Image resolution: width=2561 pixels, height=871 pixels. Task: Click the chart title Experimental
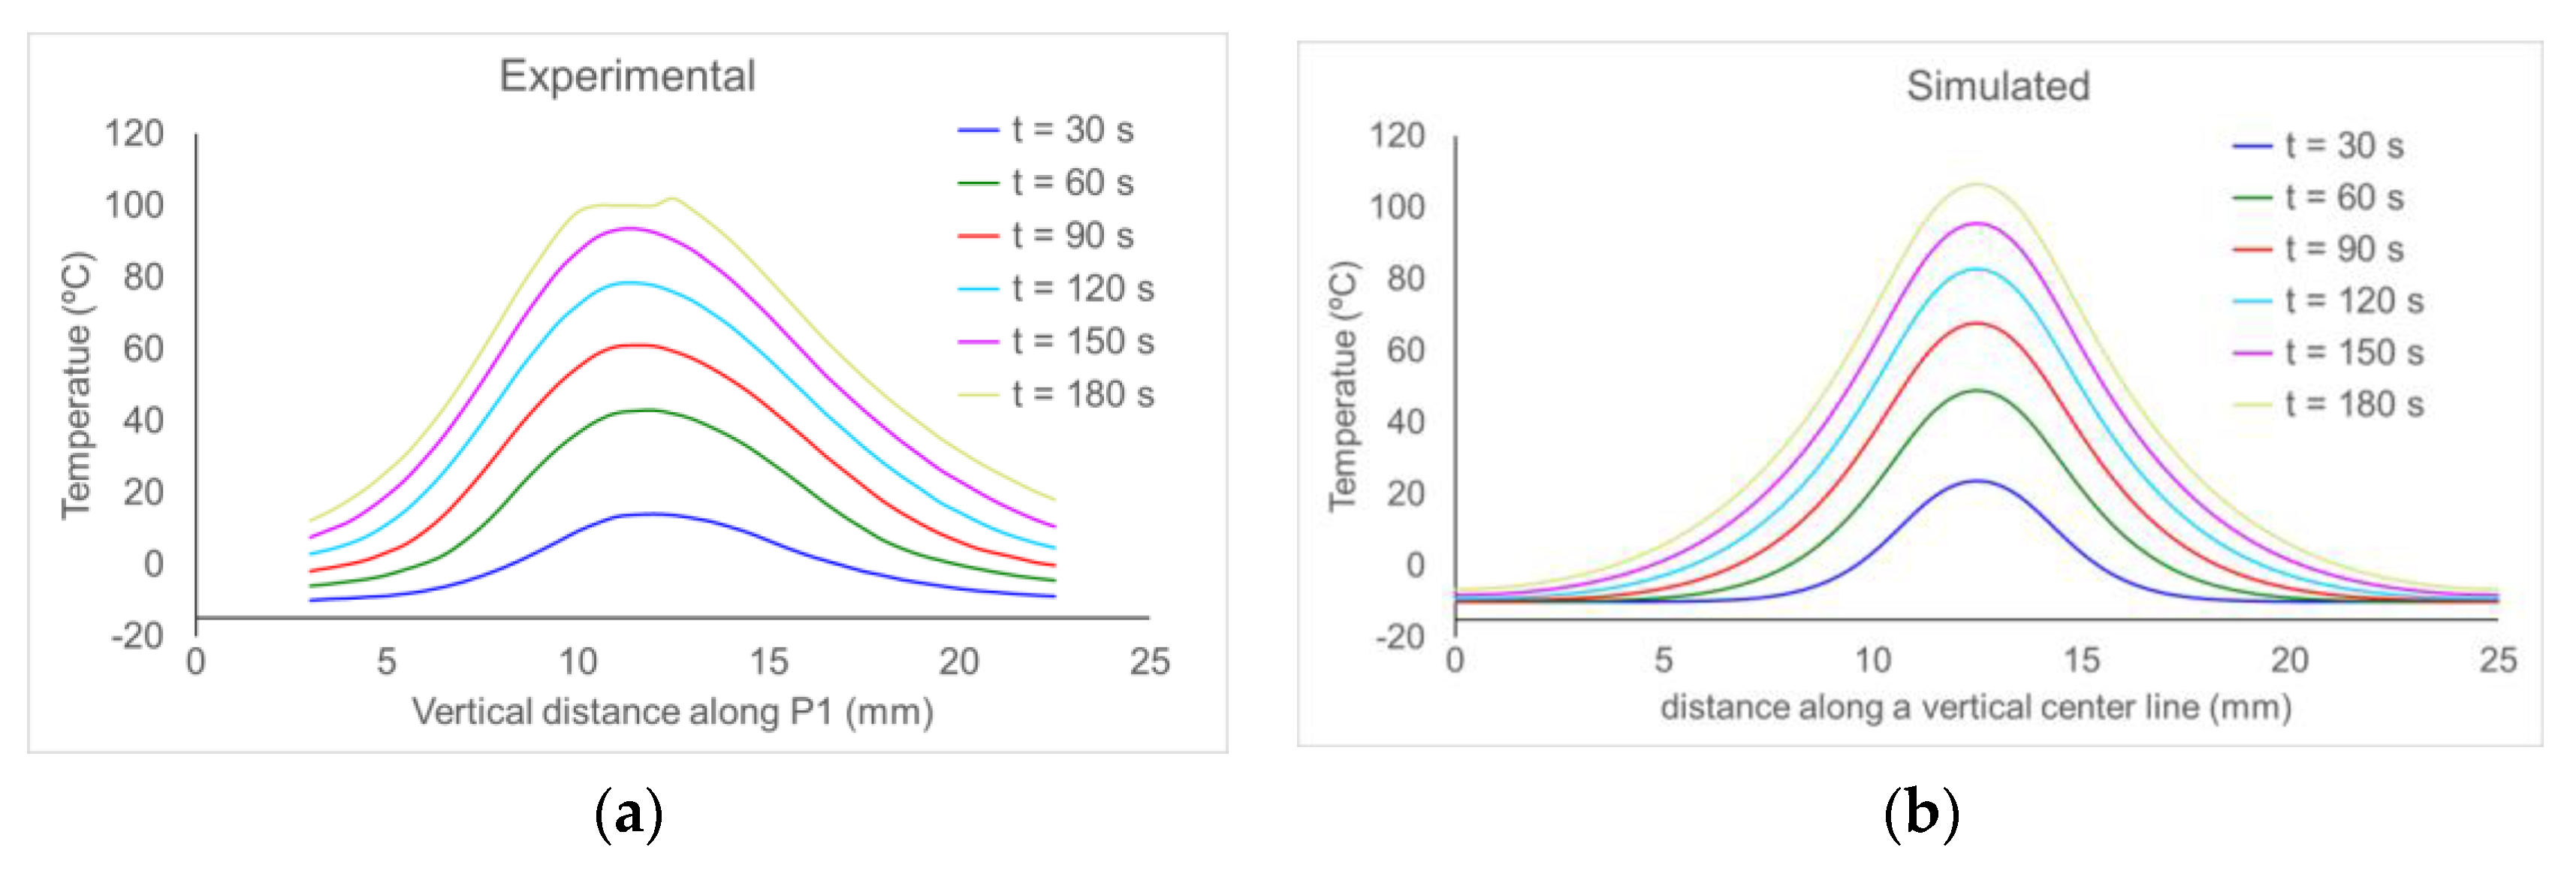point(627,77)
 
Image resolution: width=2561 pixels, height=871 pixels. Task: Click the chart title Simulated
point(1997,86)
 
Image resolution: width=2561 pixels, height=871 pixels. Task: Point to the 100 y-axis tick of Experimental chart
point(134,206)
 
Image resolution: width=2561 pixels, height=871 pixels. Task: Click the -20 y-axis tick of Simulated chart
point(1400,636)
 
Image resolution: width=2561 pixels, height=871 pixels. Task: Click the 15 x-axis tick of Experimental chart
point(768,662)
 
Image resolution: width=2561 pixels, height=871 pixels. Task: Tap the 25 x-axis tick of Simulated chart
point(2497,660)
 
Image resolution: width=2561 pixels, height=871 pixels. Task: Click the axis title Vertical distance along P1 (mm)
point(673,712)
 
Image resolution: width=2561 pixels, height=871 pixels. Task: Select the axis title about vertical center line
point(1975,708)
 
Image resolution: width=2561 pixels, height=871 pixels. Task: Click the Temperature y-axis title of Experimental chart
point(77,386)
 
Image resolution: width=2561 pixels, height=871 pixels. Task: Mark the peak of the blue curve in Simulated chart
point(1977,481)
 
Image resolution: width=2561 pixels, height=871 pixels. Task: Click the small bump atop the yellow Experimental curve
point(673,199)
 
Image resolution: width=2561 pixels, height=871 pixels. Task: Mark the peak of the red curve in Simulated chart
point(1977,323)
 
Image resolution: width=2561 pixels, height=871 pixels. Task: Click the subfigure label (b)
point(1921,815)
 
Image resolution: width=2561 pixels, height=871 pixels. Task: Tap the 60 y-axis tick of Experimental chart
point(143,349)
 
